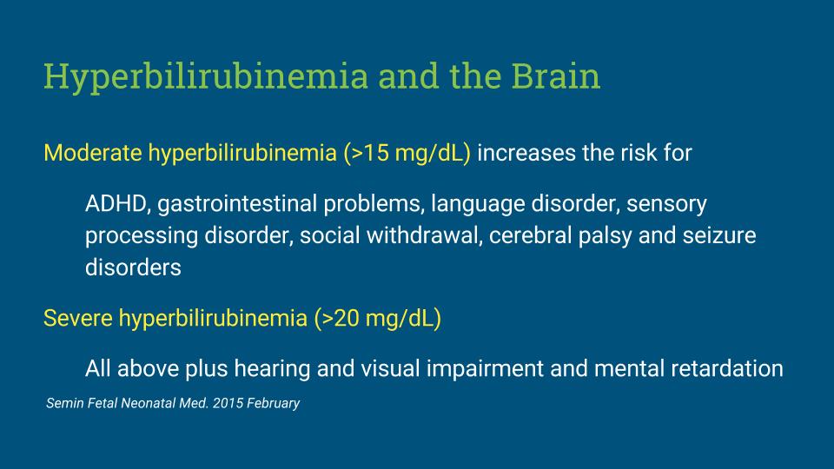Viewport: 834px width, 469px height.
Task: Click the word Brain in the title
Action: coord(556,76)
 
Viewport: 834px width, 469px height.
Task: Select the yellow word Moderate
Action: coord(93,153)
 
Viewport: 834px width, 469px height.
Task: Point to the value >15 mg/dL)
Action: coord(407,154)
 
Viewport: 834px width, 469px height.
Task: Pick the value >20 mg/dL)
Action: coord(378,319)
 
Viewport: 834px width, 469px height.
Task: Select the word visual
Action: coord(390,368)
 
